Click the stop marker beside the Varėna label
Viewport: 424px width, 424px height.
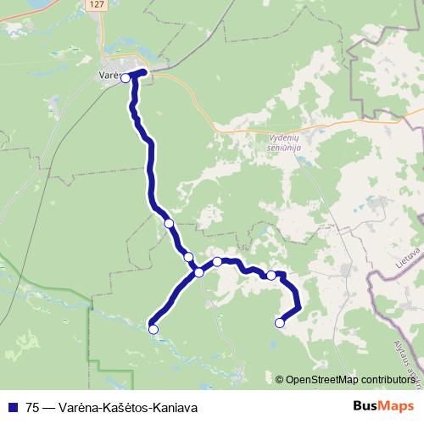[x=126, y=78]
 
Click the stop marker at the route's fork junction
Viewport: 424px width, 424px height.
[x=198, y=272]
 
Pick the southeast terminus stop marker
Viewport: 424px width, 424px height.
[x=280, y=322]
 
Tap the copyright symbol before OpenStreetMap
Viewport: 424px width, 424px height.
[x=280, y=379]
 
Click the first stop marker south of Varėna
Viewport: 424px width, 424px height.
[x=169, y=223]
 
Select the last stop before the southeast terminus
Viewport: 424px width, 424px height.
[x=271, y=275]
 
